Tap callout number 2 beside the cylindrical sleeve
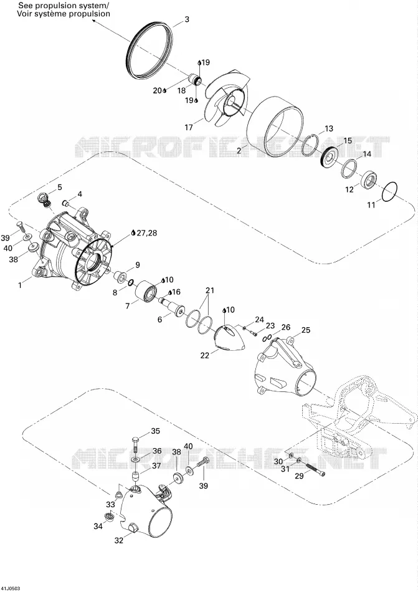(x=239, y=151)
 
